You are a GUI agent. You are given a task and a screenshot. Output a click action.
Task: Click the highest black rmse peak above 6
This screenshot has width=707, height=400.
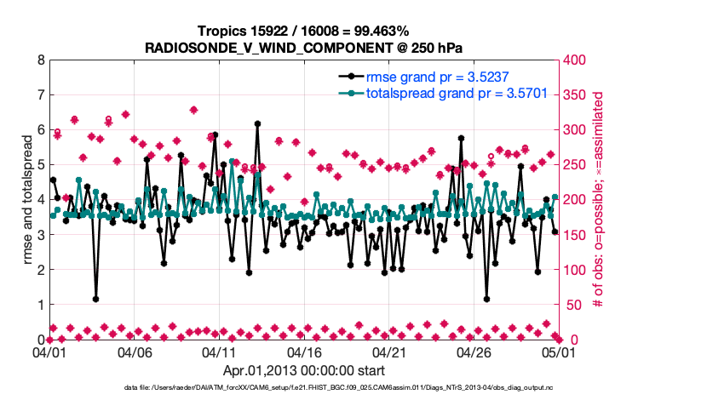[257, 124]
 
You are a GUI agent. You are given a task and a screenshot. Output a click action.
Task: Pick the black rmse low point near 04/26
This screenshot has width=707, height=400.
[486, 299]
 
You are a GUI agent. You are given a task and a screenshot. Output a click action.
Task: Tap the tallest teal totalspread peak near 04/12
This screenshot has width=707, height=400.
[232, 162]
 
